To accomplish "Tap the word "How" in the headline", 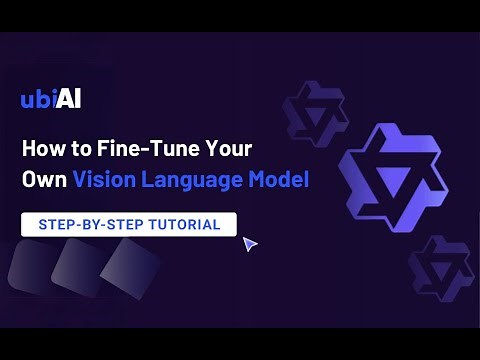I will point(41,150).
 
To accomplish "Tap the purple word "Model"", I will point(279,180).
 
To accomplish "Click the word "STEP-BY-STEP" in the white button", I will point(85,224).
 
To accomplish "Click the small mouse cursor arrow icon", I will point(249,243).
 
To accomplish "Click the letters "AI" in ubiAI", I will point(68,99).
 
